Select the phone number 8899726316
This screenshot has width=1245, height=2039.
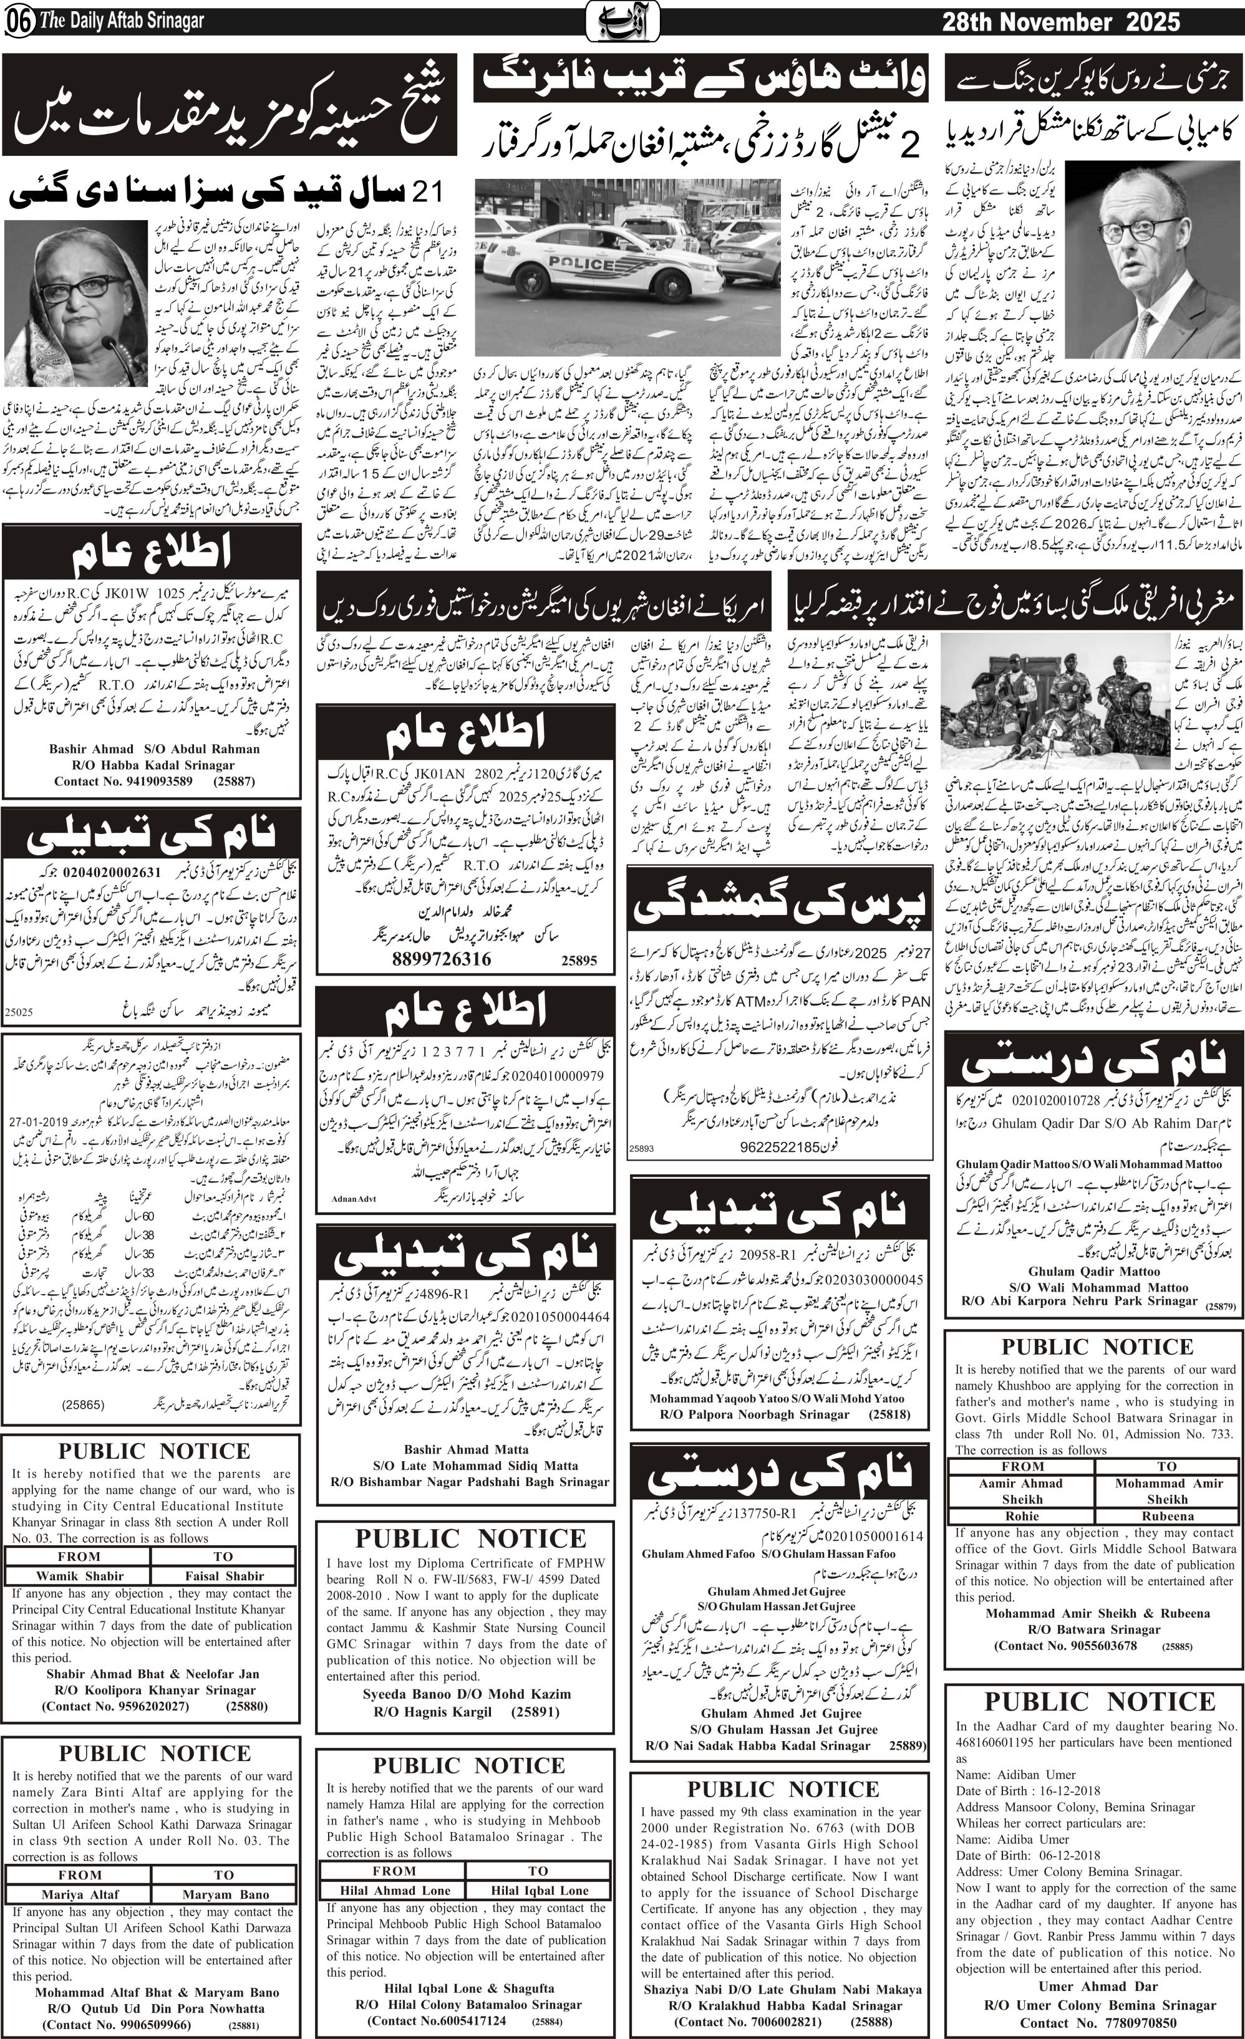[x=441, y=959]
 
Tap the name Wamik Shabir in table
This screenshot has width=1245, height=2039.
[x=79, y=1576]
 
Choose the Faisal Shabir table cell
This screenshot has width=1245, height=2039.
[x=225, y=1576]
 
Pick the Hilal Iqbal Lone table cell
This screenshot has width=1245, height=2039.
[x=539, y=1861]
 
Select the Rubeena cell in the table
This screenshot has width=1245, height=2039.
[x=1167, y=1516]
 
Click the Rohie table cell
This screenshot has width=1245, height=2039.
[x=1022, y=1516]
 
